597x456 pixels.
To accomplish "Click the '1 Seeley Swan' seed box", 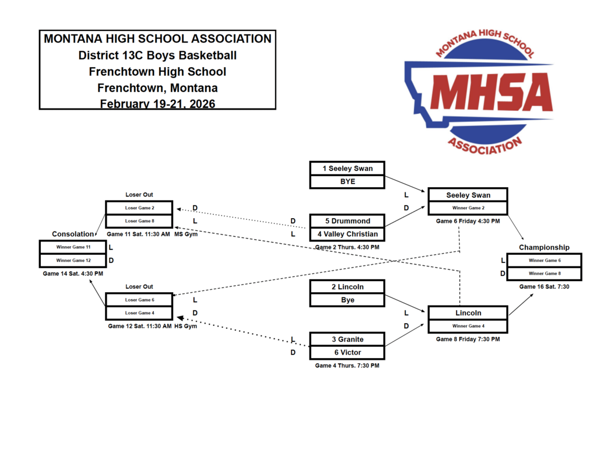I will coord(347,169).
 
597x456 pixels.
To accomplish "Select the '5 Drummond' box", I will coord(347,221).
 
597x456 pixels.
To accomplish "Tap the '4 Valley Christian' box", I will coord(347,234).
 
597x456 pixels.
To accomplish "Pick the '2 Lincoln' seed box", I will coord(347,286).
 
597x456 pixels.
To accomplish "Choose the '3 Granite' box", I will coord(347,339).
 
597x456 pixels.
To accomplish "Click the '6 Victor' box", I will coord(347,352).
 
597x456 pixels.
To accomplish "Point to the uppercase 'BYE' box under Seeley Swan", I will coord(347,181).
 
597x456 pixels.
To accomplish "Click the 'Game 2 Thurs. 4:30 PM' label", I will coord(347,247).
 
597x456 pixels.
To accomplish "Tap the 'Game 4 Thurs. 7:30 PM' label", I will coord(347,366).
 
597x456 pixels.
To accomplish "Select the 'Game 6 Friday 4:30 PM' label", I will coord(468,221).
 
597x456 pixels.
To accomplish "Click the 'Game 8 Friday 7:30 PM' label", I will coord(468,339).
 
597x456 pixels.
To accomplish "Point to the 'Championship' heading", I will coord(544,247).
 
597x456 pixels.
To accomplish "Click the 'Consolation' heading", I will coord(72,234).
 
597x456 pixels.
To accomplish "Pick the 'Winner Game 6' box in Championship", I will coord(544,260).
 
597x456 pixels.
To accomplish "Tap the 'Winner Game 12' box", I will coord(73,260).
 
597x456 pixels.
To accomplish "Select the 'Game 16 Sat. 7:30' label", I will coord(544,286).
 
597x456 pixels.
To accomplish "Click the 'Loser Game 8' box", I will coord(139,221).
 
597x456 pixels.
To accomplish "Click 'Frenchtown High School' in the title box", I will coord(157,72).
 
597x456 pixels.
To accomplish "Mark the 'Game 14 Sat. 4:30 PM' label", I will coord(73,273).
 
